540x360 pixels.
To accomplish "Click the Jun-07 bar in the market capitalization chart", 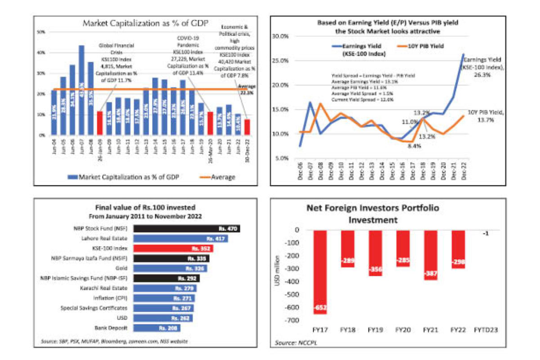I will pos(81,90).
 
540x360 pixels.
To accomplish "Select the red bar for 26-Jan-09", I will pos(99,123).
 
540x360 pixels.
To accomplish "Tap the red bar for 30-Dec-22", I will pos(247,127).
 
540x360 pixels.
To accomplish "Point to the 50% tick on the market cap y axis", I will pos(40,32).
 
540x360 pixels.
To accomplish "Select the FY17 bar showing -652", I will pos(320,272).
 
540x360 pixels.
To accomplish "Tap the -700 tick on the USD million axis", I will pos(292,320).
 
